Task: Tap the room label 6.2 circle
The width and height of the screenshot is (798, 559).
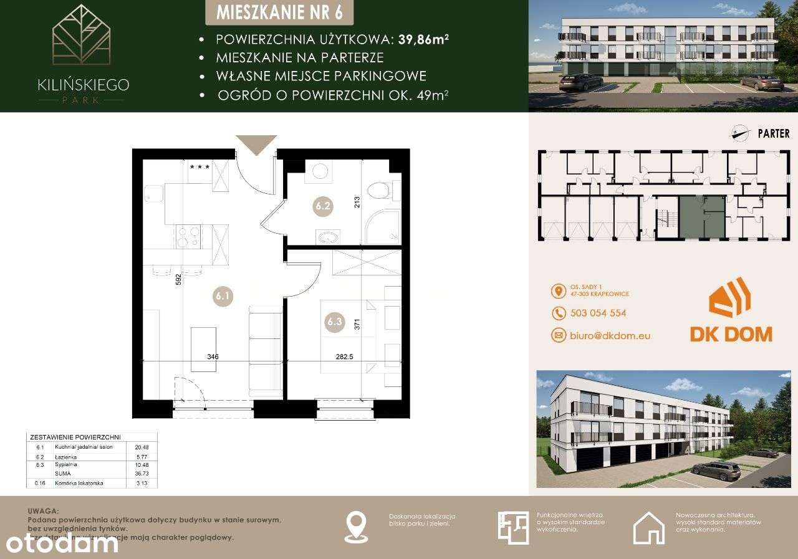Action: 322,204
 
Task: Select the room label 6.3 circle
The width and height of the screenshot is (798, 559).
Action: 335,322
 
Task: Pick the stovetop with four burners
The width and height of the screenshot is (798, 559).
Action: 188,236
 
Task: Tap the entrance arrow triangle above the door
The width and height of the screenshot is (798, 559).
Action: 256,145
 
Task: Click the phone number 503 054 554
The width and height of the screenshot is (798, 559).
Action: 598,313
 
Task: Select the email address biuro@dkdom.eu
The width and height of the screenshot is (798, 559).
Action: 610,335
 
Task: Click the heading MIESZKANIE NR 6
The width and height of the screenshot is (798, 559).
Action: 277,12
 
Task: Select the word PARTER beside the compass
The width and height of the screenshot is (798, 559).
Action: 773,133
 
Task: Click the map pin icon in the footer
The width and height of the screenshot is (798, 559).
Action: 355,527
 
